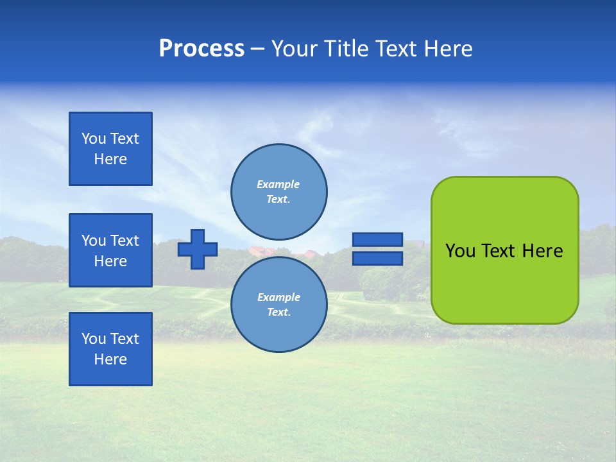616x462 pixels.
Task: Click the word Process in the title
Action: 201,49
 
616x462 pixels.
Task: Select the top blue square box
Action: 110,149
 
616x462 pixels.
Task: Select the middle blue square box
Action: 110,250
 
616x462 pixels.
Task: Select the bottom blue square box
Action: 110,349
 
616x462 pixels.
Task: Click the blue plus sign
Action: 198,249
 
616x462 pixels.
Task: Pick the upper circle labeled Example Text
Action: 278,191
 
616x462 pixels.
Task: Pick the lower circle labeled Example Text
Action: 278,304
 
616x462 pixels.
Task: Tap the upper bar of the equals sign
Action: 377,239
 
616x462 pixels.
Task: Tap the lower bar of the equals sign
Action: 377,258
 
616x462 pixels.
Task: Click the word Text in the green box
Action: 498,251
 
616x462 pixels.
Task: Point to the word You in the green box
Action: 459,251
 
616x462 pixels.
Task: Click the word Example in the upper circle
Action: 278,184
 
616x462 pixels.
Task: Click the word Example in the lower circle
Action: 278,297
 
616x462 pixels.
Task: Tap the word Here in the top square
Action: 110,159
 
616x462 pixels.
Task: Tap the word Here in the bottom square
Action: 110,359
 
